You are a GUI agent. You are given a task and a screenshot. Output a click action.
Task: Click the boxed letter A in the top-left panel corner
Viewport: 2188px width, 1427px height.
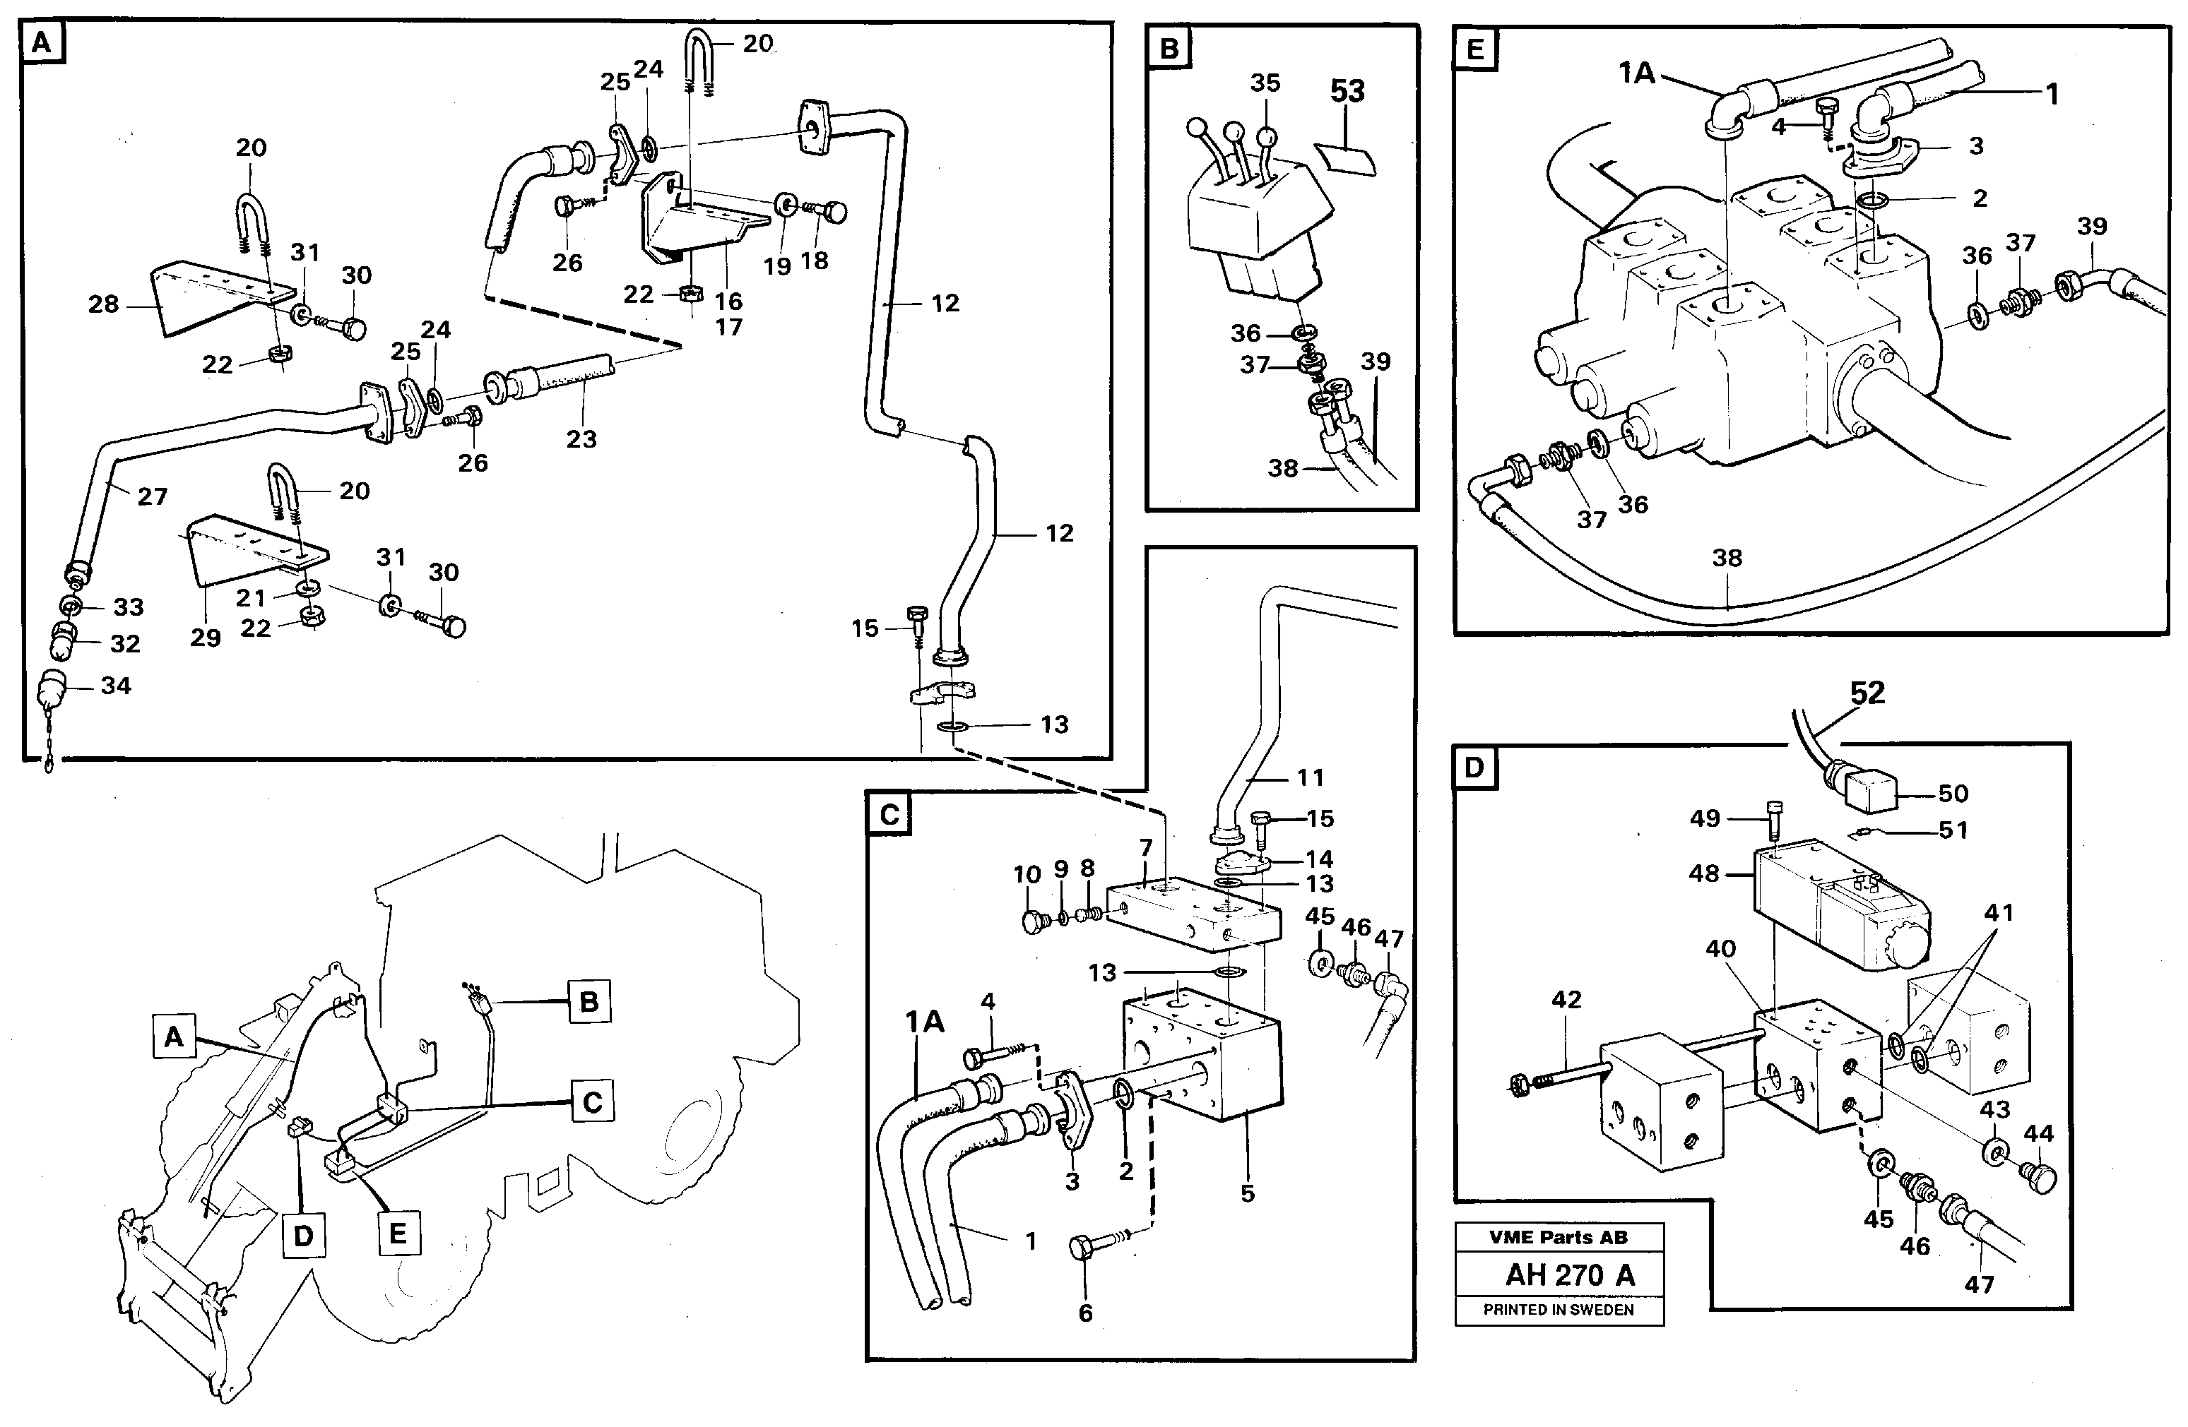[42, 43]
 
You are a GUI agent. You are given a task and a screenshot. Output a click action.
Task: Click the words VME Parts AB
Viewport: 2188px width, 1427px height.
[1559, 1237]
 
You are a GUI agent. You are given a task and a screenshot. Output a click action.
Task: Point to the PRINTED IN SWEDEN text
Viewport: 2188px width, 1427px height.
[1559, 1309]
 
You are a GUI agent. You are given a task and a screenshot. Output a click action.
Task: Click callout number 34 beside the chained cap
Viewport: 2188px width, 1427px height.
[116, 686]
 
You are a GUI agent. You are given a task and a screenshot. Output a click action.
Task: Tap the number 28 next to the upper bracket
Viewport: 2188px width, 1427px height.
[103, 304]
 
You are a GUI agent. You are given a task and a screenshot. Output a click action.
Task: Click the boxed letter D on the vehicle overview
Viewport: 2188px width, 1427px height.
[303, 1236]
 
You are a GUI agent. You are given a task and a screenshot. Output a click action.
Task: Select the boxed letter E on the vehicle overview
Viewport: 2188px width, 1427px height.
[398, 1232]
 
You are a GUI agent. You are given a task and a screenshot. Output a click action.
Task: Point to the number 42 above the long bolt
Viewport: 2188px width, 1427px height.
[1566, 999]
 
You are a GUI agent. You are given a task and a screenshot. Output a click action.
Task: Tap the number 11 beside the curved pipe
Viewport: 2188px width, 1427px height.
[1310, 777]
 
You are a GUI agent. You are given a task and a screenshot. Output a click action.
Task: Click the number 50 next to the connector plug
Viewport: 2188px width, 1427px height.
[1953, 793]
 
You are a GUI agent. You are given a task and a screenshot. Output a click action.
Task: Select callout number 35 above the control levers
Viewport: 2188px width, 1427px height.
[1265, 83]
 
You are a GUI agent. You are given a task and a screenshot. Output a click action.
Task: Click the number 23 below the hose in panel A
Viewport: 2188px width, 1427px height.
[581, 439]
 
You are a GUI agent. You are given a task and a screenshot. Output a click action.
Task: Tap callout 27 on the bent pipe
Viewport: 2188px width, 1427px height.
[153, 497]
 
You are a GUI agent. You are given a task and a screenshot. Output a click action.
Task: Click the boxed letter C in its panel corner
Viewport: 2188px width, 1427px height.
[889, 814]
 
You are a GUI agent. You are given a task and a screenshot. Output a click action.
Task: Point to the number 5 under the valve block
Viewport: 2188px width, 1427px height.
[1247, 1193]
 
